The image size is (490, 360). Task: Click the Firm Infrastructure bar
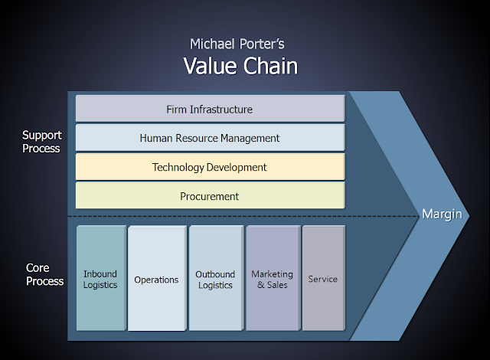pyautogui.click(x=210, y=110)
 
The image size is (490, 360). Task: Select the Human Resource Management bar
pyautogui.click(x=210, y=139)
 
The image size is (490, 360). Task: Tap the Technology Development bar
pyautogui.click(x=210, y=167)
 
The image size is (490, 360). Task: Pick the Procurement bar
pyautogui.click(x=210, y=196)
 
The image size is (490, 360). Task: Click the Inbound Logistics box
pyautogui.click(x=100, y=279)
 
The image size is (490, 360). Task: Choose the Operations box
pyautogui.click(x=156, y=279)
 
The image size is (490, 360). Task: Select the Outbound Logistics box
pyautogui.click(x=215, y=279)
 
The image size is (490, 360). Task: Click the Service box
pyautogui.click(x=322, y=279)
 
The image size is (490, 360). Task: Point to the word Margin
pyautogui.click(x=442, y=214)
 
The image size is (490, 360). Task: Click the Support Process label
pyautogui.click(x=41, y=142)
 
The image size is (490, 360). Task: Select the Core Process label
pyautogui.click(x=44, y=274)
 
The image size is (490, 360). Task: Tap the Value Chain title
pyautogui.click(x=240, y=66)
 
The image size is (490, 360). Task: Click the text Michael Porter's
pyautogui.click(x=240, y=44)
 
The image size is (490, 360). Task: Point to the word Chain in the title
pyautogui.click(x=269, y=66)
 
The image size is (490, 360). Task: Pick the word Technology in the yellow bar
pyautogui.click(x=178, y=167)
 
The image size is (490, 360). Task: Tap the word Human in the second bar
pyautogui.click(x=155, y=139)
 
